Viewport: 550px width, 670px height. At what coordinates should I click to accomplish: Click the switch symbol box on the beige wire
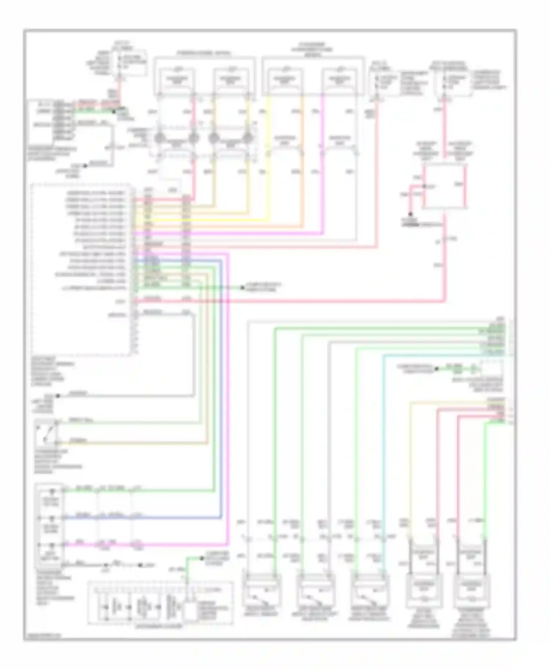pos(46,433)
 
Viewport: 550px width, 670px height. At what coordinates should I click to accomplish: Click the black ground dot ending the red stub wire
pos(410,214)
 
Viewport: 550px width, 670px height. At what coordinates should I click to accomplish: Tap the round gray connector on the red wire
pos(194,138)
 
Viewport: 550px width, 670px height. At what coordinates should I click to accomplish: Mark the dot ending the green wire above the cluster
pos(201,559)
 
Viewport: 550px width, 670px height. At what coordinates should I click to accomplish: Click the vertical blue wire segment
pos(221,385)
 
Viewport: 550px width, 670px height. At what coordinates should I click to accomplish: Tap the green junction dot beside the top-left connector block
pos(114,111)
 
